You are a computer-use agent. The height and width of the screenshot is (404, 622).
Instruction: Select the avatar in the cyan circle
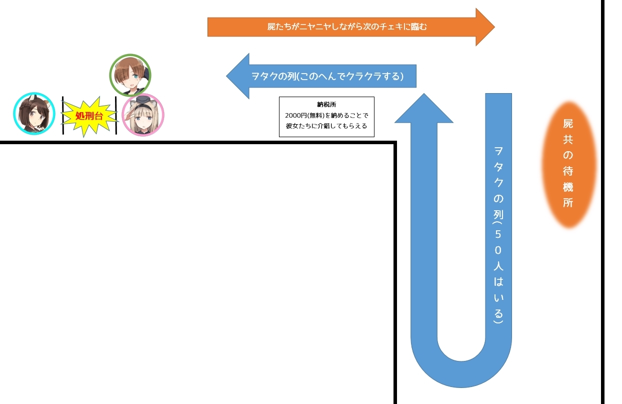[33, 114]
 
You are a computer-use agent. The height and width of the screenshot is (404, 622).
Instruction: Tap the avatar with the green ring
[130, 75]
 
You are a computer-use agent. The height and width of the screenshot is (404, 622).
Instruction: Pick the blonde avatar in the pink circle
[143, 115]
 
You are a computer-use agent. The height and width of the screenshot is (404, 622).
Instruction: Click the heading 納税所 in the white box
[326, 104]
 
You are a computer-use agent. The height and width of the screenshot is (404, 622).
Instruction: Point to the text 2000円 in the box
[294, 115]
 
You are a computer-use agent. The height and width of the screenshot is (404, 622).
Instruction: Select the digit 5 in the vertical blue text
[498, 233]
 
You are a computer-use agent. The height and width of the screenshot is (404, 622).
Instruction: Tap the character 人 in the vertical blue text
[498, 265]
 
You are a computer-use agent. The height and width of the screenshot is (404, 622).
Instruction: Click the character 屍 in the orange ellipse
[568, 123]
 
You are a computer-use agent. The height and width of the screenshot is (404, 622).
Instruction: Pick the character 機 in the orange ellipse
[568, 187]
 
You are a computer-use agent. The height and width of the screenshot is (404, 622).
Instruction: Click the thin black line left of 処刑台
[63, 116]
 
